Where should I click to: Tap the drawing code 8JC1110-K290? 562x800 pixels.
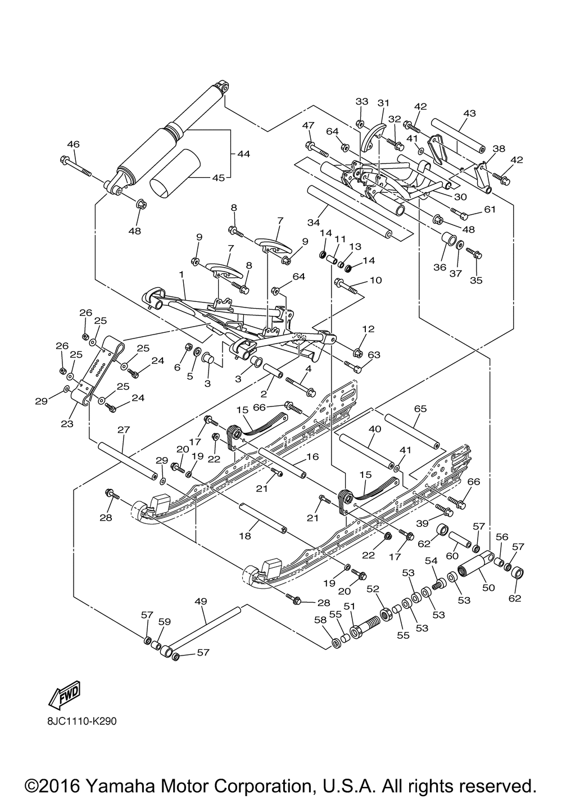[83, 721]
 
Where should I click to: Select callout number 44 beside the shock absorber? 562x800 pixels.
[243, 153]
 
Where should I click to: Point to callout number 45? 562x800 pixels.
[218, 178]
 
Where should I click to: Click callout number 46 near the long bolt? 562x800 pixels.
[74, 144]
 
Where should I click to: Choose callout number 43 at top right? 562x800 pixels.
[469, 114]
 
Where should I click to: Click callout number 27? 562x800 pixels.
[124, 430]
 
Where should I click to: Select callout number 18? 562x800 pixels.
[244, 536]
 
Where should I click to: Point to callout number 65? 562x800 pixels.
[421, 409]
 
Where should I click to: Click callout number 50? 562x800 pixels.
[489, 587]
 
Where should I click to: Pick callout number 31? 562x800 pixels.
[383, 103]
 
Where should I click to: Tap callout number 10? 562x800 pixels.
[375, 280]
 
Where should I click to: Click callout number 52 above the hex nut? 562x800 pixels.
[373, 589]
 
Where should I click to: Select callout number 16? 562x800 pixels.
[312, 457]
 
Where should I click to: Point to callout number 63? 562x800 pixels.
[374, 355]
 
